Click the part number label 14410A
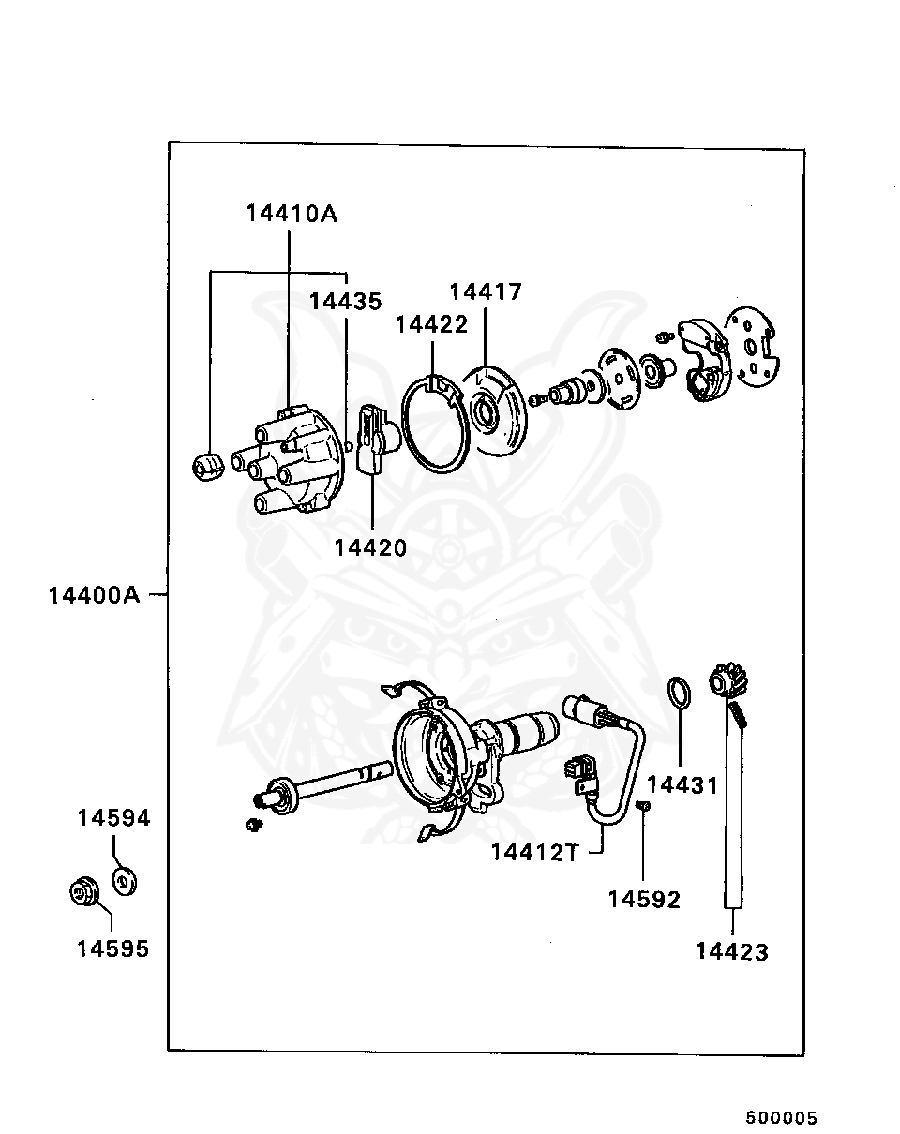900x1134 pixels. coord(292,214)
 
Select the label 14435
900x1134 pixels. coord(346,302)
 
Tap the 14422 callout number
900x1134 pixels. coord(431,324)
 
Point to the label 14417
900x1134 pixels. coord(486,292)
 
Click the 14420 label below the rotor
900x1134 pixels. coord(371,547)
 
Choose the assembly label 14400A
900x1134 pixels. coord(94,595)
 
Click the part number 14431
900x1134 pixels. coord(682,785)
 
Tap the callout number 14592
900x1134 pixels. coord(644,900)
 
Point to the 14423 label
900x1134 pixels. coord(732,952)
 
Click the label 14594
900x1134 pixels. coord(113,818)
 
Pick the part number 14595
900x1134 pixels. coord(113,948)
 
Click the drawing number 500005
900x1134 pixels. coord(782,1118)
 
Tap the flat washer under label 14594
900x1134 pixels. coord(124,882)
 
